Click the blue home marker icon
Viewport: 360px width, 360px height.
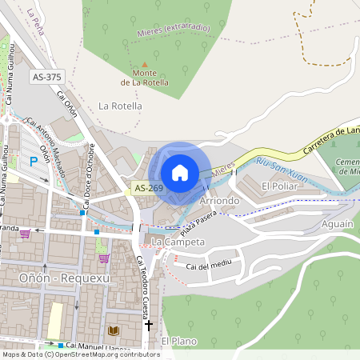pos(180,173)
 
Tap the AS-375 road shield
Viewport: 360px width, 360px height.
pos(47,77)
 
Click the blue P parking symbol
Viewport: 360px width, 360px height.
pos(34,161)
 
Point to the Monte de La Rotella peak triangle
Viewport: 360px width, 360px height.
pos(144,65)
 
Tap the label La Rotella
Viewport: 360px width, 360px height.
pos(120,106)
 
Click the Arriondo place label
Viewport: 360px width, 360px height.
pos(219,200)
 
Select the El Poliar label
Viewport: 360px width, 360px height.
pos(279,186)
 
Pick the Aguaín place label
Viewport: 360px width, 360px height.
pos(336,226)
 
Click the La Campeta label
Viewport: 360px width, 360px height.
pos(178,241)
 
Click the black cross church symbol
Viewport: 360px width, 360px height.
pos(148,325)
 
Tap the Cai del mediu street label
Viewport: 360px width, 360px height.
pos(208,265)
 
